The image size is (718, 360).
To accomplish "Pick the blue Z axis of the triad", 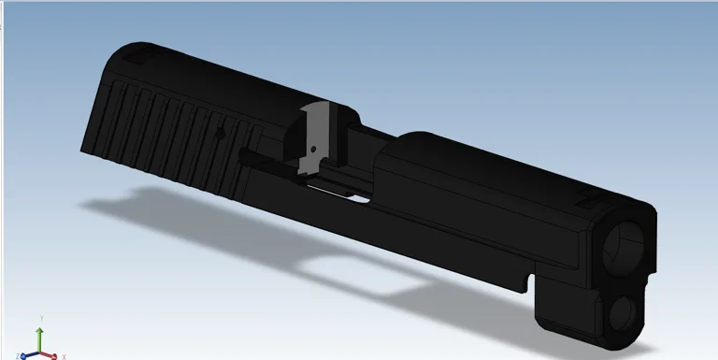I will [x=32, y=353].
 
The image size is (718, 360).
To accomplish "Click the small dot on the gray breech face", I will [x=311, y=147].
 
